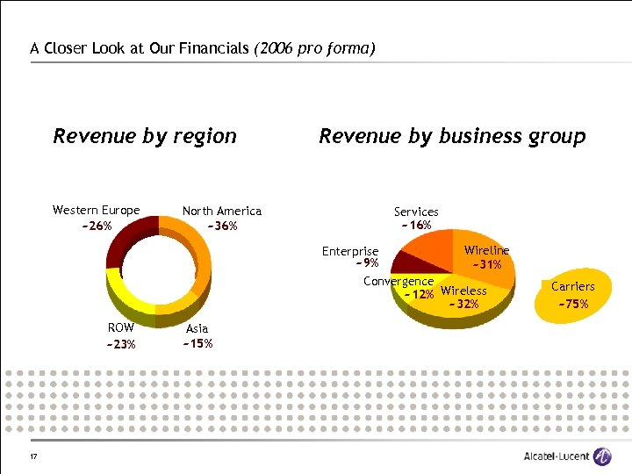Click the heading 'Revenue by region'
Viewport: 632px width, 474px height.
(x=145, y=136)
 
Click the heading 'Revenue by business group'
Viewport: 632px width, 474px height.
(x=452, y=136)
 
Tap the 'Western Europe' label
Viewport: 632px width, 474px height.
(x=96, y=211)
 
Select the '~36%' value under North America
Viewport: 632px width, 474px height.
(x=222, y=226)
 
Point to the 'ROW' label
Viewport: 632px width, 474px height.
(x=121, y=328)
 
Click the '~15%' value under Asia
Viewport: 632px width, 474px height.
(x=197, y=343)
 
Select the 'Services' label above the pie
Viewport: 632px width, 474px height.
(x=416, y=212)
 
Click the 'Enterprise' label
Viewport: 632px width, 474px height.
(x=350, y=251)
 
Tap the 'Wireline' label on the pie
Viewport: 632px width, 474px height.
(x=486, y=251)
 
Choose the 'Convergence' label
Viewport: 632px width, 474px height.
(x=399, y=281)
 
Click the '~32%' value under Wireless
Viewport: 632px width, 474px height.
(x=463, y=305)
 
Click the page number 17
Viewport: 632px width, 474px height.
(x=32, y=456)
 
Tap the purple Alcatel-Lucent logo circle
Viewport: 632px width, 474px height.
(x=602, y=456)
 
